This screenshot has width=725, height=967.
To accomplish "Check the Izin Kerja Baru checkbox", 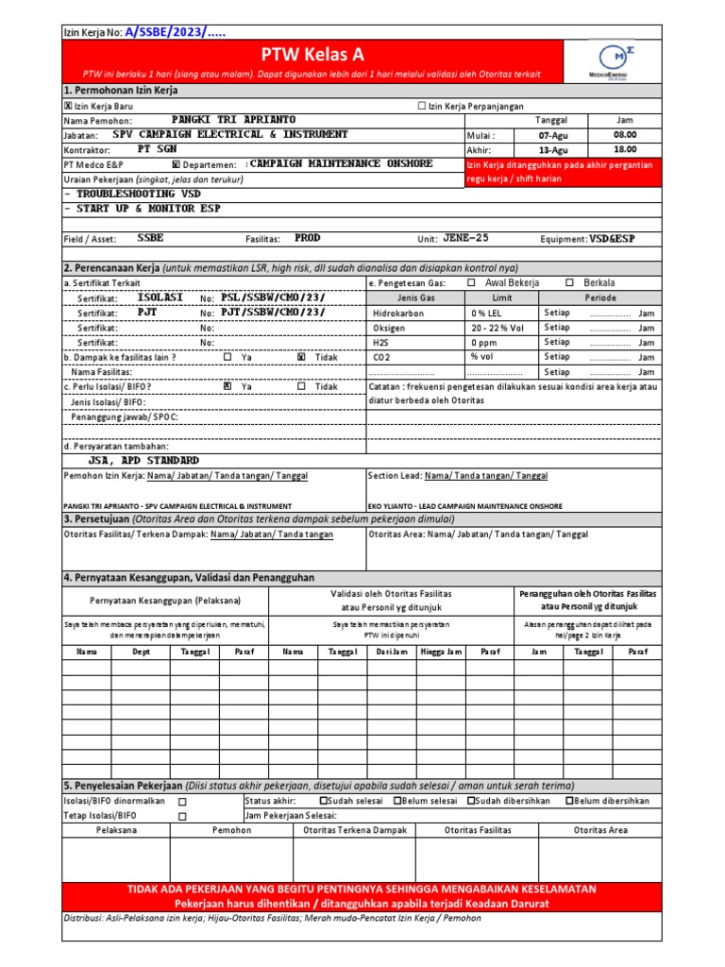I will click(67, 107).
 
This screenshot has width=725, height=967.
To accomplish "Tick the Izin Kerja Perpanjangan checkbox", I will click(422, 107).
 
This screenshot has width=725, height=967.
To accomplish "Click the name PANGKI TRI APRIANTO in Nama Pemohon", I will click(233, 121).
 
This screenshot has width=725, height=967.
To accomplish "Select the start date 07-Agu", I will click(553, 136).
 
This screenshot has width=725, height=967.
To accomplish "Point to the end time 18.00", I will click(624, 150).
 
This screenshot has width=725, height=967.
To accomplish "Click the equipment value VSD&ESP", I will click(614, 239).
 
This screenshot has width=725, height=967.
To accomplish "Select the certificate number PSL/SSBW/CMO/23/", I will click(273, 297).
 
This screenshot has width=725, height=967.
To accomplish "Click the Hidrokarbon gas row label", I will click(398, 313).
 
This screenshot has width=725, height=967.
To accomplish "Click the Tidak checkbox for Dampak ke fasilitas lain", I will click(301, 358).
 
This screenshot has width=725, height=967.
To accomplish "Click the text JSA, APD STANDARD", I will click(143, 460).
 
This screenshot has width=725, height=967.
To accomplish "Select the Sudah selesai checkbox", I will click(323, 801).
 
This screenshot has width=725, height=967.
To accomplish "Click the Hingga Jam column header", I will click(441, 652).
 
